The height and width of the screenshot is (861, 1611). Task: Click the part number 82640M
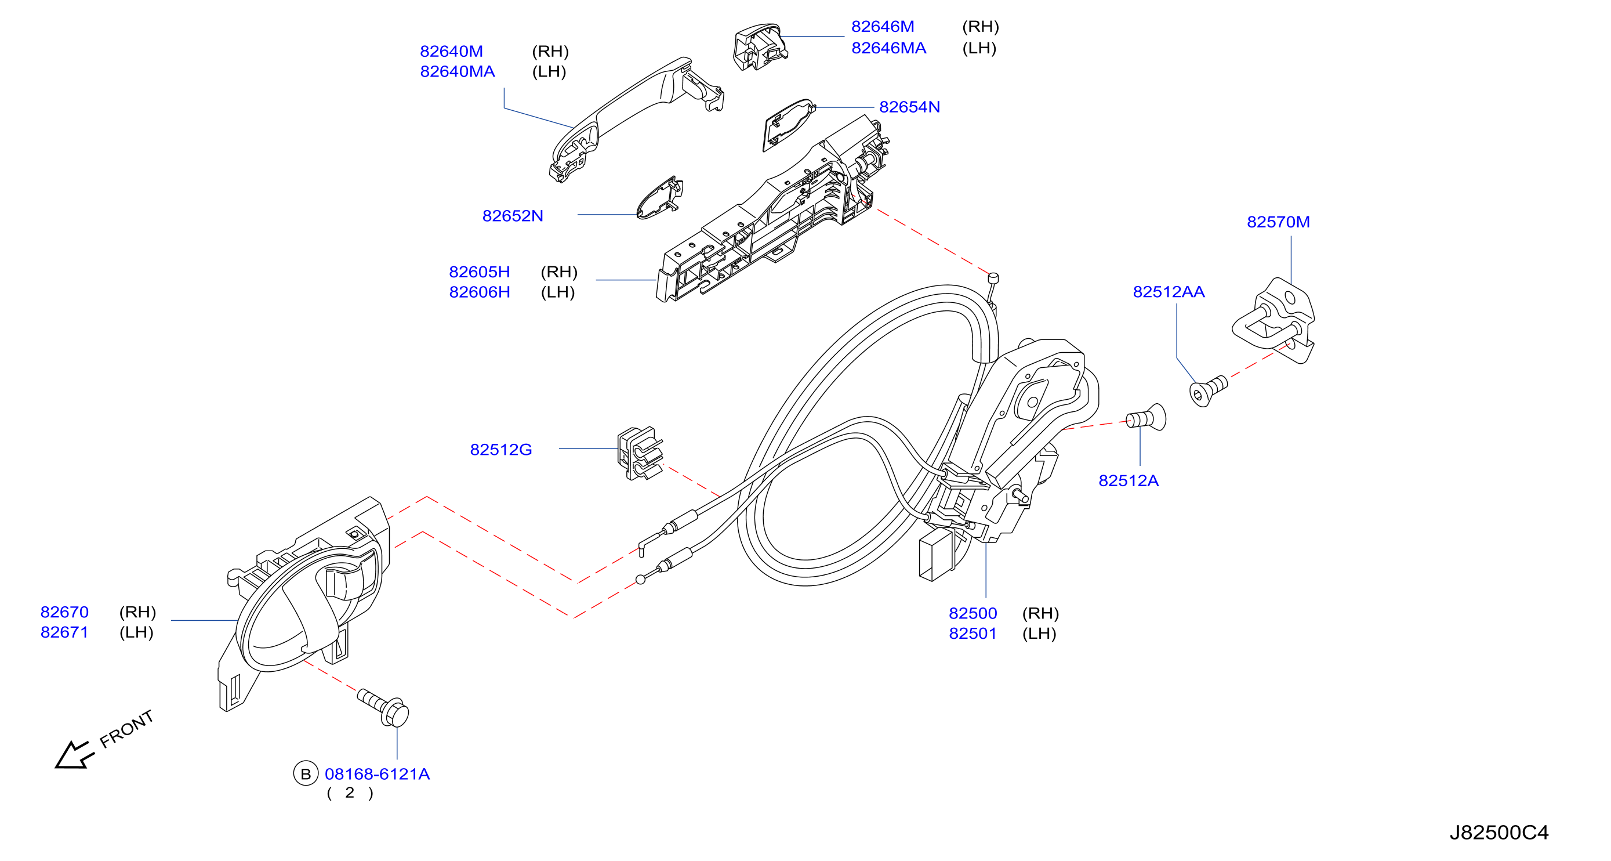coord(451,51)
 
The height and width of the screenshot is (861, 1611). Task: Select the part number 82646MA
coord(888,48)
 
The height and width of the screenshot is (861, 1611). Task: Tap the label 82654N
coord(909,107)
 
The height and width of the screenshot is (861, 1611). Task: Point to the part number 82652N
coord(512,216)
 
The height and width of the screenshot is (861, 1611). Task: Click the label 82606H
coord(480,292)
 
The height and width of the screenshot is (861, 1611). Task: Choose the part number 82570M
coord(1278,222)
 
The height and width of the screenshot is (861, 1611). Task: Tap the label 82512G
coord(501,450)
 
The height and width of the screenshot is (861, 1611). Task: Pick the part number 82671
coord(64,632)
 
